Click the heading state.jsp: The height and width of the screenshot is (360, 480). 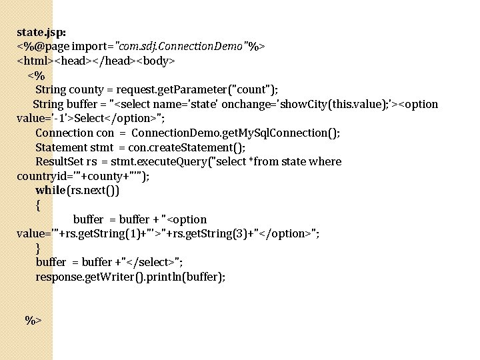(41, 32)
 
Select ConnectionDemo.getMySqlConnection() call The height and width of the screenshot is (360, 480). (235, 133)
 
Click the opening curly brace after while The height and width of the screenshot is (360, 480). (39, 205)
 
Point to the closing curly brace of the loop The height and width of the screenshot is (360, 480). (39, 248)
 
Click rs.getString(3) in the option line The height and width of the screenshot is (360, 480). (220, 234)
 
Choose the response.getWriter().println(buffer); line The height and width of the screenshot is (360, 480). (131, 277)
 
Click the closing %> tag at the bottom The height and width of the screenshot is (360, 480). (33, 321)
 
